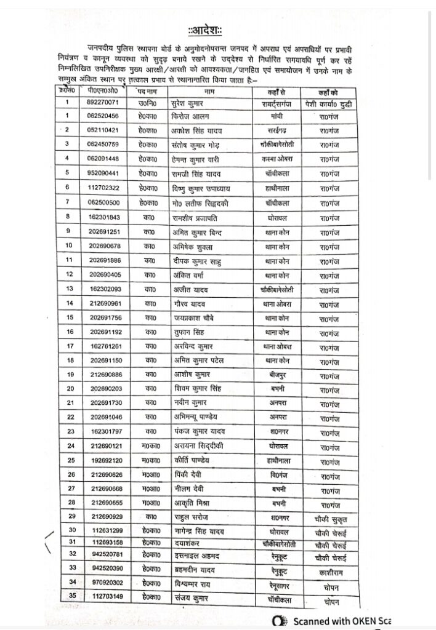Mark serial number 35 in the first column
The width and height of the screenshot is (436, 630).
tap(72, 595)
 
